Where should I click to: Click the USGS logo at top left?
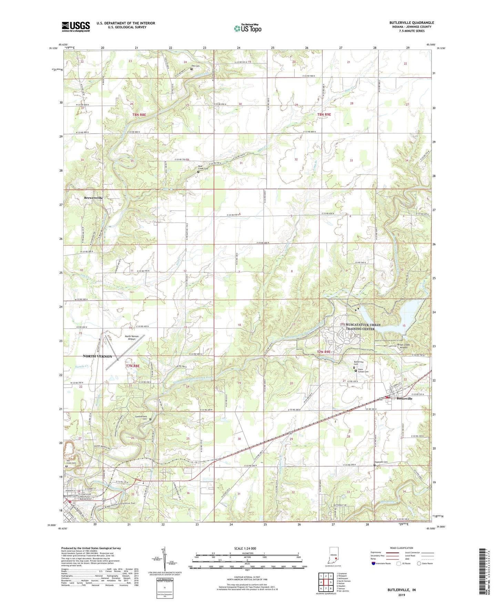(x=75, y=27)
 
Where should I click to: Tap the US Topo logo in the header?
(x=247, y=28)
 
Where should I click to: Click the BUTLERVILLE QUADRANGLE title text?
(x=411, y=23)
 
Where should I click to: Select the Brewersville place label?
(x=93, y=198)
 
